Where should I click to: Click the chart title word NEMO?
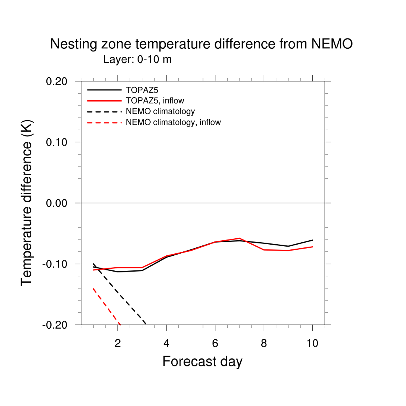(331, 44)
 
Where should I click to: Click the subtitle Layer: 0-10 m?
(137, 59)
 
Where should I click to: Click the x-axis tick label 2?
(118, 343)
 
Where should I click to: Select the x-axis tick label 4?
(167, 343)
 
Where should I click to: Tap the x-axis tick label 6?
(215, 343)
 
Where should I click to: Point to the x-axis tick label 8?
(264, 343)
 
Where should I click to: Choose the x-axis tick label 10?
(312, 343)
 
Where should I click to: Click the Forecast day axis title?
(202, 362)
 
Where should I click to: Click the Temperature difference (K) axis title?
(27, 203)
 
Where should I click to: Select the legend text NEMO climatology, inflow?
(173, 123)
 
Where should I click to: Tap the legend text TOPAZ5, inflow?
(155, 100)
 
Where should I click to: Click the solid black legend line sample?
(104, 90)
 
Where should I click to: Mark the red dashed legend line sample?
(104, 123)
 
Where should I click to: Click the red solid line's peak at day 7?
(239, 238)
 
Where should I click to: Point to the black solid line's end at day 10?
(312, 240)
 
